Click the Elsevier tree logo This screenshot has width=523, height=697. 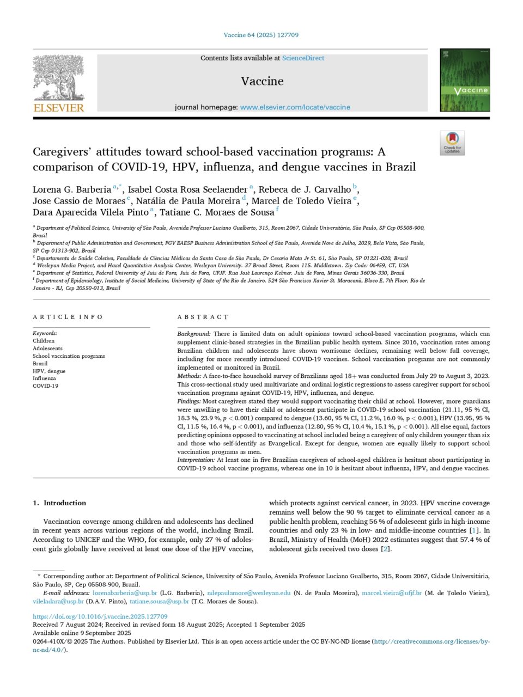pyautogui.click(x=58, y=77)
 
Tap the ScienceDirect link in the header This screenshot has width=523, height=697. pyautogui.click(x=303, y=58)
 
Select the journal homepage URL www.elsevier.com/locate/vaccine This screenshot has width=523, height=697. pyautogui.click(x=295, y=107)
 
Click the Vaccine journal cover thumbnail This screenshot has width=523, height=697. pyautogui.click(x=465, y=81)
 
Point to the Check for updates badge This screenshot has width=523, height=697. pyautogui.click(x=452, y=143)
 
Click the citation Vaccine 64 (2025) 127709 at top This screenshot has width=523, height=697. pyautogui.click(x=261, y=35)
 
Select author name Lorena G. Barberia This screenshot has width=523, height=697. pyautogui.click(x=72, y=189)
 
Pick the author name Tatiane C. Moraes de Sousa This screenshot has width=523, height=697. pyautogui.click(x=217, y=212)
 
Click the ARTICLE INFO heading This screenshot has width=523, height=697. pyautogui.click(x=68, y=317)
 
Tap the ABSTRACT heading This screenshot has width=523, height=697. pyautogui.click(x=203, y=317)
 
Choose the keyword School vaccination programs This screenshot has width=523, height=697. pyautogui.click(x=69, y=356)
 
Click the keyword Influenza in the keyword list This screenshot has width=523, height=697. pyautogui.click(x=44, y=378)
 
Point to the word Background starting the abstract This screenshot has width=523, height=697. pyautogui.click(x=193, y=334)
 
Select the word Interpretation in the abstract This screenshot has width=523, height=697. pyautogui.click(x=196, y=460)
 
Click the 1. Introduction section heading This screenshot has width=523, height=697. pyautogui.click(x=59, y=503)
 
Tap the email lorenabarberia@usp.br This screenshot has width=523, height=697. pyautogui.click(x=125, y=593)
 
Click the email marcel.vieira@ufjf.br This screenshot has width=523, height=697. pyautogui.click(x=392, y=593)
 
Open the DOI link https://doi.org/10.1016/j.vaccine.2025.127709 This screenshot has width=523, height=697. pyautogui.click(x=100, y=617)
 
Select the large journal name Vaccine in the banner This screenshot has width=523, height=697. pyautogui.click(x=262, y=81)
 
